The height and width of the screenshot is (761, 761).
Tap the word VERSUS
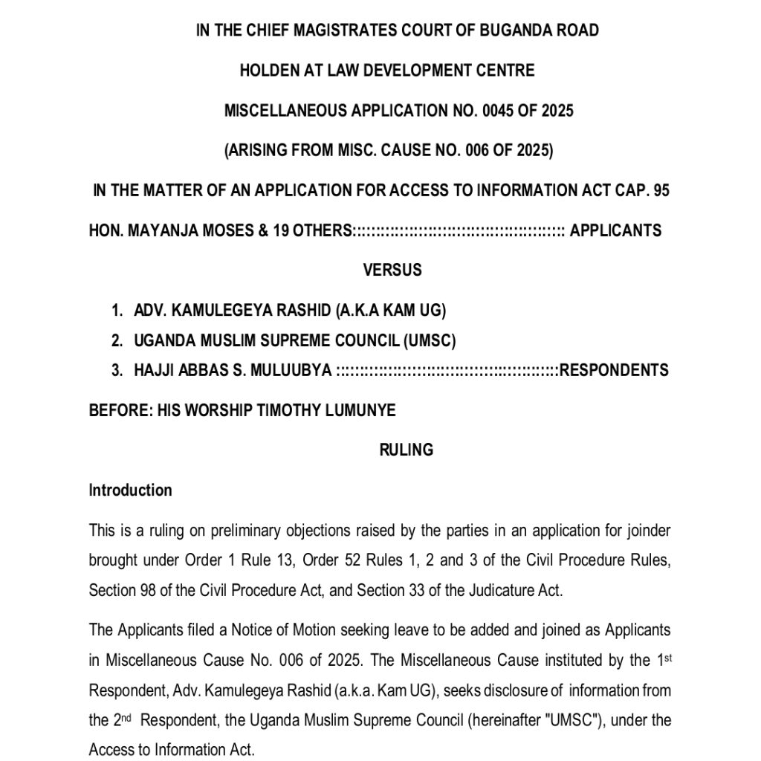(x=392, y=271)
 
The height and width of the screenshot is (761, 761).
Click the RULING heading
(x=406, y=450)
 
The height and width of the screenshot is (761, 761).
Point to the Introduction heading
(x=130, y=490)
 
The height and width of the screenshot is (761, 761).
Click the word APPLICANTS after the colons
(x=615, y=230)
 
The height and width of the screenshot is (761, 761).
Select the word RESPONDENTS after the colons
(x=614, y=370)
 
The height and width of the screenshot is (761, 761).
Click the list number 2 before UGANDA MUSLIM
(x=117, y=341)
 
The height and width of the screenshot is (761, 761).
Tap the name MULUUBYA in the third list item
(x=294, y=370)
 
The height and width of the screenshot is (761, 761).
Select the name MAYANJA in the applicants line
(x=160, y=230)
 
